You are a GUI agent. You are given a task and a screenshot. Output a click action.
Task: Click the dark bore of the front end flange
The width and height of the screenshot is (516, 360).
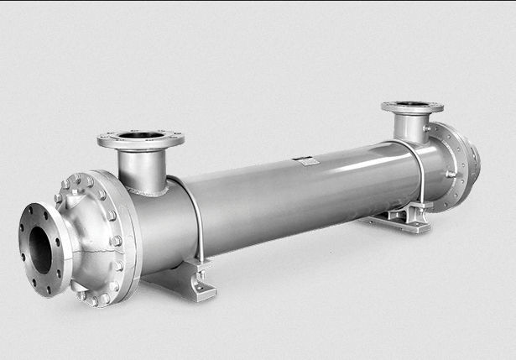[40, 249]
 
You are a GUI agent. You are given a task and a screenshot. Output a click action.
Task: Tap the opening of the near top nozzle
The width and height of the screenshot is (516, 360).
[141, 134]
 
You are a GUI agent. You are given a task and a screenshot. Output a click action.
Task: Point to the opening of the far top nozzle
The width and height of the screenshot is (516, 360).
[412, 106]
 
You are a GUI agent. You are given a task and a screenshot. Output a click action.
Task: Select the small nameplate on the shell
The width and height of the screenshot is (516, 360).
[307, 159]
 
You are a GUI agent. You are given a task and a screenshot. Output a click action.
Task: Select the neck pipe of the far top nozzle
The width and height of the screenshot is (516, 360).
[410, 128]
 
